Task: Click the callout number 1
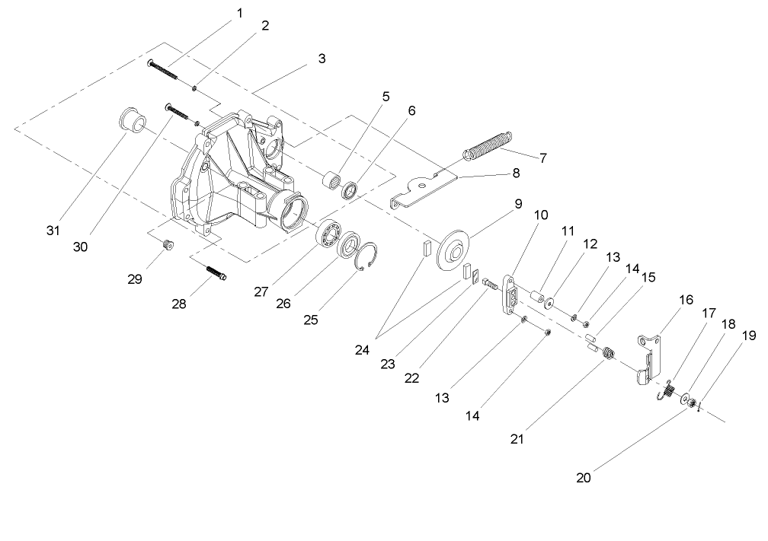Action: [241, 13]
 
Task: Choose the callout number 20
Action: [584, 479]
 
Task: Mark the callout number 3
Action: [322, 58]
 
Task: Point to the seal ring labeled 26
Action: [351, 245]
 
